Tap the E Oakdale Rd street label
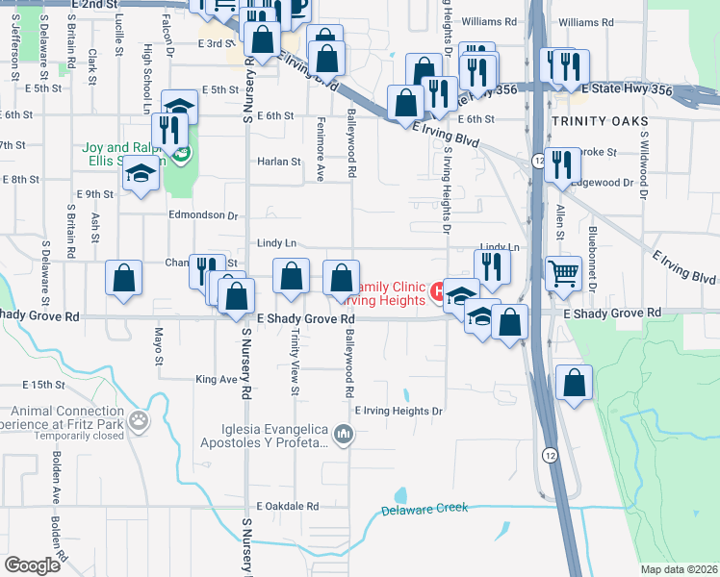point(287,506)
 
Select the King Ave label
point(216,380)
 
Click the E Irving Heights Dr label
point(398,411)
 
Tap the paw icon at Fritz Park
point(140,420)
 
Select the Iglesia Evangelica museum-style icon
point(344,437)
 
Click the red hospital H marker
point(438,289)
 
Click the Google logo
point(33,565)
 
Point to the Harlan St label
point(279,162)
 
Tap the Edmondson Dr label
point(202,215)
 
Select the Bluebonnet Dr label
point(593,264)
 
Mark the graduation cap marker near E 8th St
point(141,175)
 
